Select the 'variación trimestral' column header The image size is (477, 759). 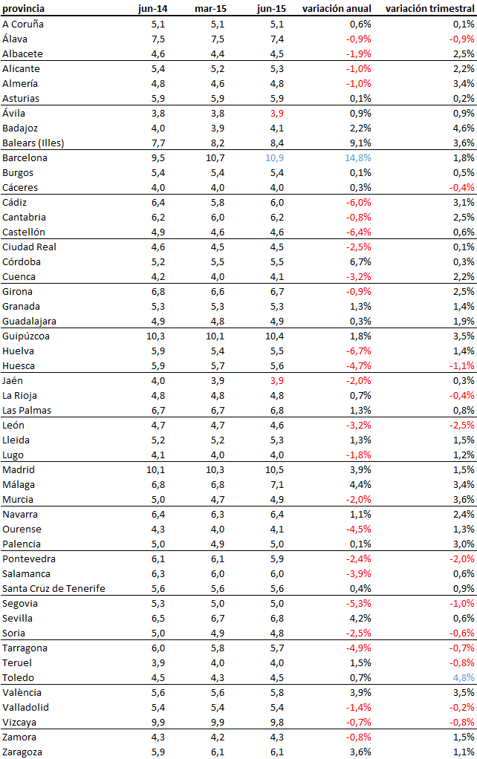point(430,8)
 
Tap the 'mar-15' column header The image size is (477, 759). point(210,8)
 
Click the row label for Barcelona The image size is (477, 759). point(25,157)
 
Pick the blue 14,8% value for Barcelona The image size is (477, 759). point(357,157)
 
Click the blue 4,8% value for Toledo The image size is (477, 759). point(461,677)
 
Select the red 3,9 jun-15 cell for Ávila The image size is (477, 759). point(275,113)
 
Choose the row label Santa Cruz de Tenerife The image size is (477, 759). point(53,588)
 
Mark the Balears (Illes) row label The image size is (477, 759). point(33,143)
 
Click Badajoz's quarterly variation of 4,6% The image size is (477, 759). point(463,128)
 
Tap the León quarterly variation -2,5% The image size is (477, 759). point(461,425)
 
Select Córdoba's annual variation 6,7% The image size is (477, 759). point(359,261)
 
